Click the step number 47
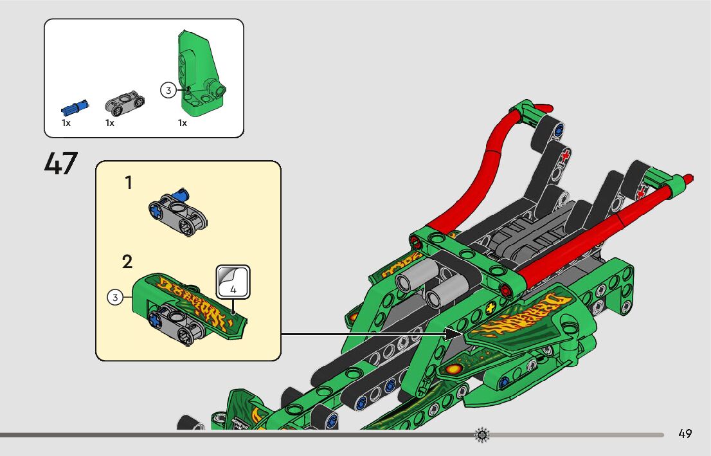pos(61,163)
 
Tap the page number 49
pos(685,433)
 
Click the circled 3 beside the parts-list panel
pos(168,91)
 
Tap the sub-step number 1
pos(129,183)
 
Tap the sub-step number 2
pos(127,262)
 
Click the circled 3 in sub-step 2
pos(115,297)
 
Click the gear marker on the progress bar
pos(482,435)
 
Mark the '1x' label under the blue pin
pos(66,123)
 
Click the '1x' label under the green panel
pos(183,123)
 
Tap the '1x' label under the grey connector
pos(109,123)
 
